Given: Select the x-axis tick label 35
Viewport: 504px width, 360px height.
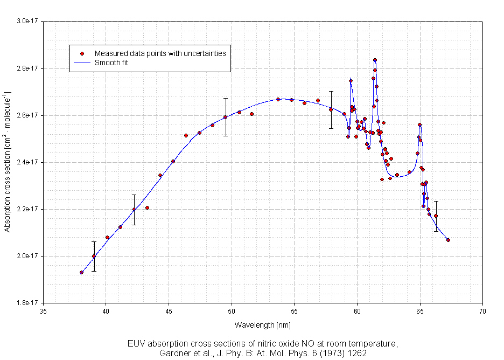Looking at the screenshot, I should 44,311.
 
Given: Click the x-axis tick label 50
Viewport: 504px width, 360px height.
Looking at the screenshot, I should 232,311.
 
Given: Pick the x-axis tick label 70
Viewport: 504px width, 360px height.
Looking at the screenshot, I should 482,311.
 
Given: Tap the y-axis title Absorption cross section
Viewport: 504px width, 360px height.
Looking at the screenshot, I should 8,162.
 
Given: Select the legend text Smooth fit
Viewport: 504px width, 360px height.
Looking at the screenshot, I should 111,63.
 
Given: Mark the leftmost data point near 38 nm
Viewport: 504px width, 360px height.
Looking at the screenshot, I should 81,272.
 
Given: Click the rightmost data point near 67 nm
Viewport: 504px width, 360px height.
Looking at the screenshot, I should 448,240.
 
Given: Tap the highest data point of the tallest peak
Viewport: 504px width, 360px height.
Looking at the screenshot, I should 375,60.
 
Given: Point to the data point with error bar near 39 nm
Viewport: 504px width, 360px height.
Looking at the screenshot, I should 94,256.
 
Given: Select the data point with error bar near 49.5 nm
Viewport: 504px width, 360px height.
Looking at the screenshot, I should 226,117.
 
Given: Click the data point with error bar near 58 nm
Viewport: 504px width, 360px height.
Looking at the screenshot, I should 331,109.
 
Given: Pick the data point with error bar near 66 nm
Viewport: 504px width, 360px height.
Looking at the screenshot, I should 436,216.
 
